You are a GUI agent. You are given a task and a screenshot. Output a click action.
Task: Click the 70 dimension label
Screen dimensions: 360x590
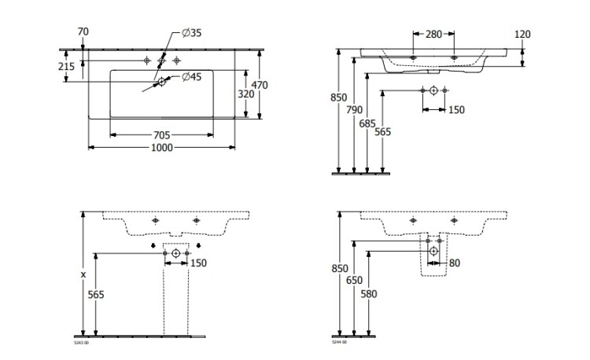point(83,31)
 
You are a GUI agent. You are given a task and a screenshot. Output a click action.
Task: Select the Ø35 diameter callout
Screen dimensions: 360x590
point(192,32)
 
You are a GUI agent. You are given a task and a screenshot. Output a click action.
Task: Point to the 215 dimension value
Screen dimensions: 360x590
point(67,67)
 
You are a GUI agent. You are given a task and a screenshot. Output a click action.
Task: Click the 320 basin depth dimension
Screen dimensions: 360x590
point(245,94)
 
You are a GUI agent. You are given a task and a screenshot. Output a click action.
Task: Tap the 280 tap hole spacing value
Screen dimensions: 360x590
point(433,34)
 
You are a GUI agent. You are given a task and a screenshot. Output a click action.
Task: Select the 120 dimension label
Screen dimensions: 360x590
point(522,34)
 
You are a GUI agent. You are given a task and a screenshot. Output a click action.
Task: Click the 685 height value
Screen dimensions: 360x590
point(368,123)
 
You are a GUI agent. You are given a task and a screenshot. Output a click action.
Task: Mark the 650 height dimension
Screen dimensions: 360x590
point(354,279)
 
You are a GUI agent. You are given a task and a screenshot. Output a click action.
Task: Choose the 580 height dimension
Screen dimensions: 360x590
point(368,293)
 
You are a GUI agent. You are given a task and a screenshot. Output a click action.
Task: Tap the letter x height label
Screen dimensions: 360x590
point(83,274)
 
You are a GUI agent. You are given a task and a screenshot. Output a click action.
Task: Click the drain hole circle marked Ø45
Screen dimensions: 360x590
point(162,81)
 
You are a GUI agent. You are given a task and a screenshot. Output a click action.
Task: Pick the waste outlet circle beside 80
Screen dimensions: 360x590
point(433,251)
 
